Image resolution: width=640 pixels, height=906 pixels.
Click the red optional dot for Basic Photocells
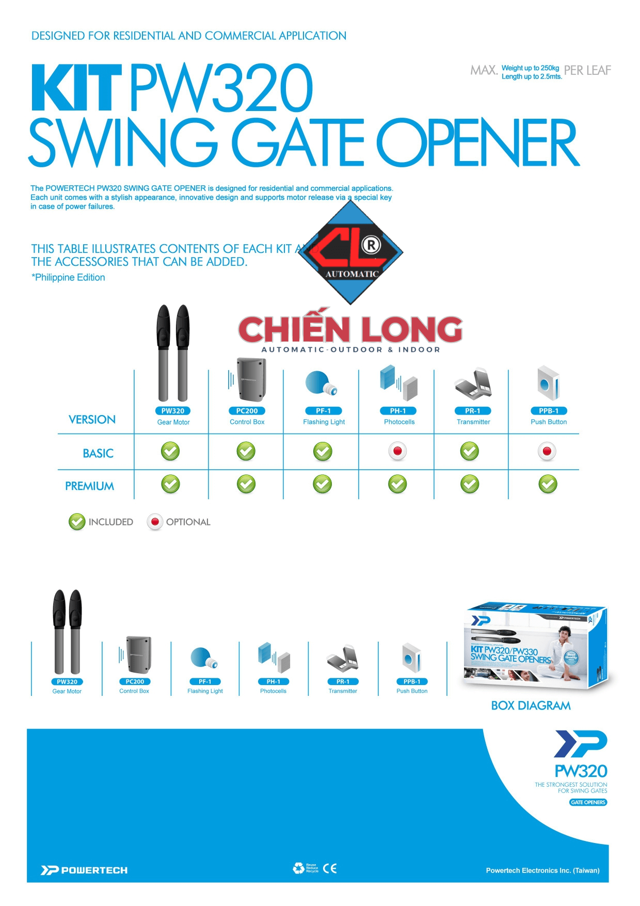[x=397, y=451]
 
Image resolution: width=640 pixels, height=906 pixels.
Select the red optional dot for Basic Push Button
[x=547, y=452]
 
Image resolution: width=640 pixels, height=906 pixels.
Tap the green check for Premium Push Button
[x=548, y=484]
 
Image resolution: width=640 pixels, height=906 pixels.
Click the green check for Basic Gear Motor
[x=170, y=451]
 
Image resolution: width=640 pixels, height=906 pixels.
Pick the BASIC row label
[x=98, y=453]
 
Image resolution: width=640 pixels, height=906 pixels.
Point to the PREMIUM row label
[x=90, y=486]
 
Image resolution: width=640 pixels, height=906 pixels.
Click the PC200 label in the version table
[x=247, y=411]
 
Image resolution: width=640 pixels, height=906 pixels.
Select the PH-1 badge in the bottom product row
[x=274, y=681]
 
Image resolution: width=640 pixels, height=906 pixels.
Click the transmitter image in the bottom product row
[x=343, y=658]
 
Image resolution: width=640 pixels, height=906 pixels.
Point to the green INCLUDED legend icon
[x=77, y=522]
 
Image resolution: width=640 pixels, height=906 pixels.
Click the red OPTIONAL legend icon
[x=155, y=522]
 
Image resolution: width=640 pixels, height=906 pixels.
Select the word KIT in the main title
[x=76, y=88]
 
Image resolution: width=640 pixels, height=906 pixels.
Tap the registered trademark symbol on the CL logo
[x=371, y=245]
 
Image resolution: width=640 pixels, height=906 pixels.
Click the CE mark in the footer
[x=330, y=868]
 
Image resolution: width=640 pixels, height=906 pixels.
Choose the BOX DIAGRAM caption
[x=531, y=706]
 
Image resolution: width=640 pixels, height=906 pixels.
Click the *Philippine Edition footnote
[x=68, y=278]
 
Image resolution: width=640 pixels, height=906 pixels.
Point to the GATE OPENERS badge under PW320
[x=588, y=802]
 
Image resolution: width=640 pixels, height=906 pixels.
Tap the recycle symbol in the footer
[x=298, y=868]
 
